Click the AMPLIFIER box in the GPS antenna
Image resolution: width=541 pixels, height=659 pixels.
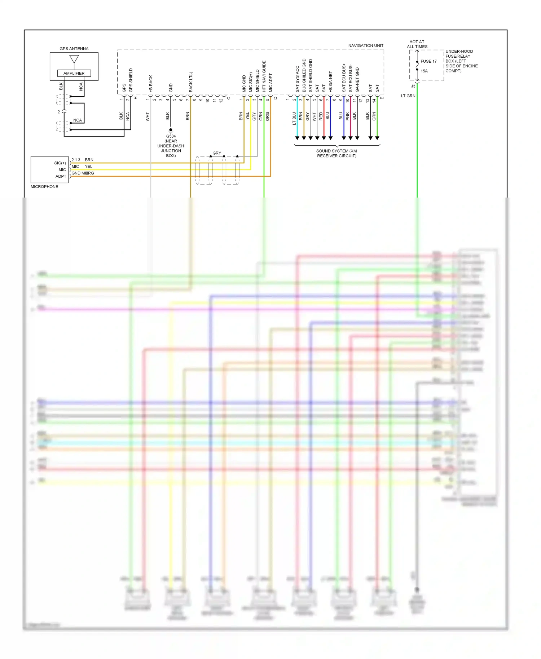(74, 73)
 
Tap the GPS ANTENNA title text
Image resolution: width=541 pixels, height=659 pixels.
(74, 49)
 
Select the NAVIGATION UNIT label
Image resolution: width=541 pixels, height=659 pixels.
(366, 46)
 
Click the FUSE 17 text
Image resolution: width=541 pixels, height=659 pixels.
(428, 61)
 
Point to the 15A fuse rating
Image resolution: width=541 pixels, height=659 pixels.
(424, 71)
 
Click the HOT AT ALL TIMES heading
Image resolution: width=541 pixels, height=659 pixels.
(417, 44)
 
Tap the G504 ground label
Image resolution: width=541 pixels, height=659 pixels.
(171, 136)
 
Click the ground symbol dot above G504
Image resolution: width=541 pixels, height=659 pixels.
(171, 130)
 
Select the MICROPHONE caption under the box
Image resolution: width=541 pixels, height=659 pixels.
(44, 187)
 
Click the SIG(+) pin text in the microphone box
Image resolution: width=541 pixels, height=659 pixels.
(60, 163)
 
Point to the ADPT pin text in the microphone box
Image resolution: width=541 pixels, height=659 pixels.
(61, 176)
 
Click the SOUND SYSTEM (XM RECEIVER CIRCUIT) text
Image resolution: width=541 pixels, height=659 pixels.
(337, 153)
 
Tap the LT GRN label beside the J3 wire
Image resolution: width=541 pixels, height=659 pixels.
(408, 96)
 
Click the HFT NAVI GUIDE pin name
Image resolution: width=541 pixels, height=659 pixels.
(264, 76)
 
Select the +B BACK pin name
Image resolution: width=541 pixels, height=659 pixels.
(151, 84)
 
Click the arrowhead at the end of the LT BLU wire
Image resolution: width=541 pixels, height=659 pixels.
(297, 138)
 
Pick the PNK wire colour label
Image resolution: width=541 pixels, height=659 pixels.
(348, 116)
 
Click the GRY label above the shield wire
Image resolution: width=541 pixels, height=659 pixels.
(217, 153)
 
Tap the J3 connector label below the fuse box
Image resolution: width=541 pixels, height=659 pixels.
(413, 87)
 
